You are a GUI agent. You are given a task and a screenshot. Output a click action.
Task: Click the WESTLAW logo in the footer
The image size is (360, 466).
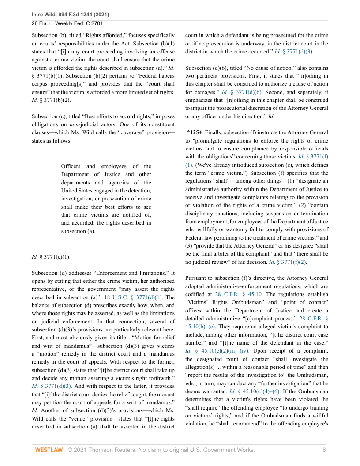click(x=49, y=450)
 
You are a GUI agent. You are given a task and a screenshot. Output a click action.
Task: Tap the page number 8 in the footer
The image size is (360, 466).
click(x=324, y=450)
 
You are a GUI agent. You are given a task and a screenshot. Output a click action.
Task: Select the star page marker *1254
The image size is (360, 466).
click(x=195, y=132)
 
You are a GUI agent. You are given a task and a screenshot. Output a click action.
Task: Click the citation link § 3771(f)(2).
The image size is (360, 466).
click(x=289, y=262)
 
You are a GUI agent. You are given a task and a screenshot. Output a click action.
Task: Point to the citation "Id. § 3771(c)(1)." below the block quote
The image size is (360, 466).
click(x=51, y=256)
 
